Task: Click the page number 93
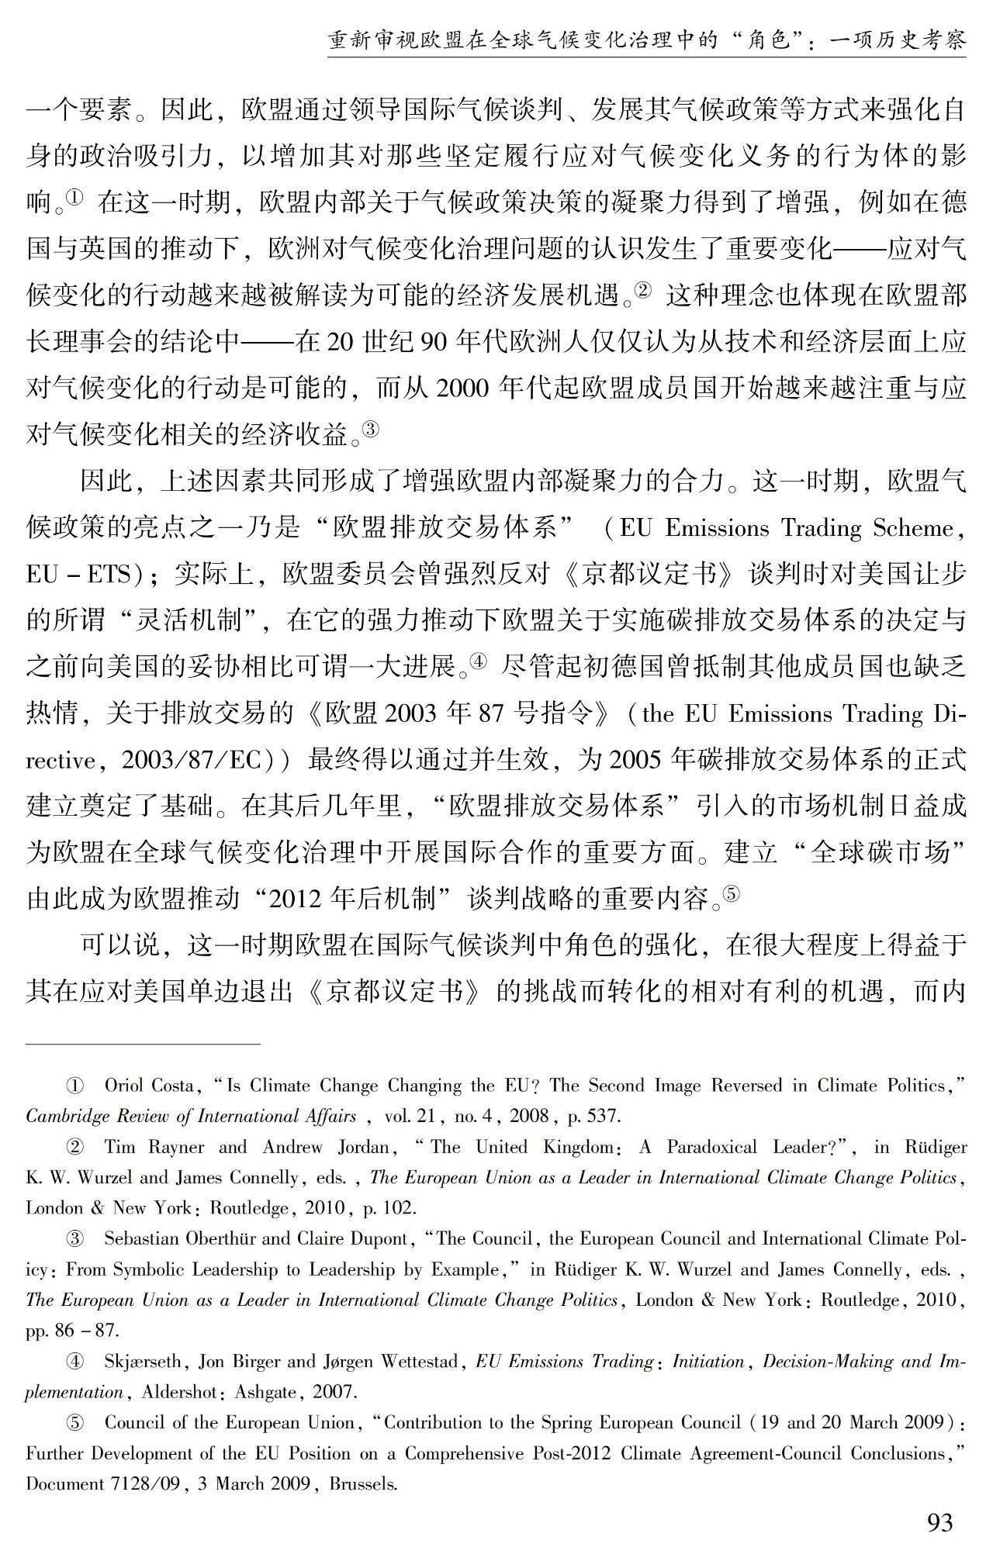click(x=939, y=1523)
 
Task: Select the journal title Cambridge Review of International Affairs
click(x=191, y=1117)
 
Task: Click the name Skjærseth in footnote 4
click(x=143, y=1362)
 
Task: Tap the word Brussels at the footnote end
click(x=364, y=1484)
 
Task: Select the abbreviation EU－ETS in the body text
click(x=82, y=575)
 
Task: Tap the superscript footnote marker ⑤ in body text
click(x=732, y=895)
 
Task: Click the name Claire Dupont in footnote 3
click(x=353, y=1239)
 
